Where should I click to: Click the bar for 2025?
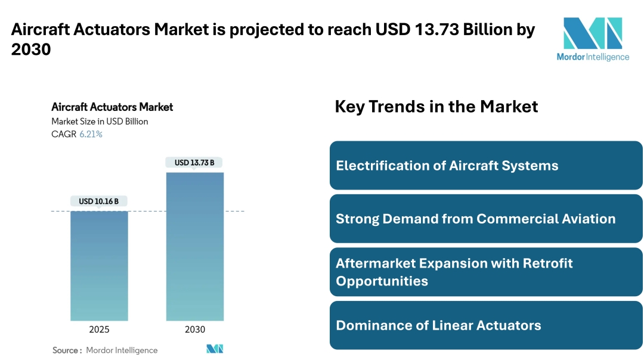coord(99,266)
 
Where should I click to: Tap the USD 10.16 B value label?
coord(99,201)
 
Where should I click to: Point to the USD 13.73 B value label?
coord(194,163)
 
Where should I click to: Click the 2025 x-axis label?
coord(99,330)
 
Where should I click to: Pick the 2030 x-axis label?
coord(195,330)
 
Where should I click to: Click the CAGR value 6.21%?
coord(91,134)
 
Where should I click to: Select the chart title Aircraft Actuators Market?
coord(112,107)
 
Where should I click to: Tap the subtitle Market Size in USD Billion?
coord(100,122)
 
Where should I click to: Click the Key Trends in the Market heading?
coord(436,107)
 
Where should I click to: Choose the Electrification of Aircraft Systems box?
coord(486,165)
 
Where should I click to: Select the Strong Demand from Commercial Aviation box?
coord(486,218)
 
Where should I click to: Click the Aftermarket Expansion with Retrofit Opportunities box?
coord(486,272)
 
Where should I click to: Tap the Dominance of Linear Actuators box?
coord(486,325)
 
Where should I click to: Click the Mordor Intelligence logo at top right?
coord(593,39)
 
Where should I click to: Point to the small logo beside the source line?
coord(215,349)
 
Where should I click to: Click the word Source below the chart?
coord(66,350)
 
